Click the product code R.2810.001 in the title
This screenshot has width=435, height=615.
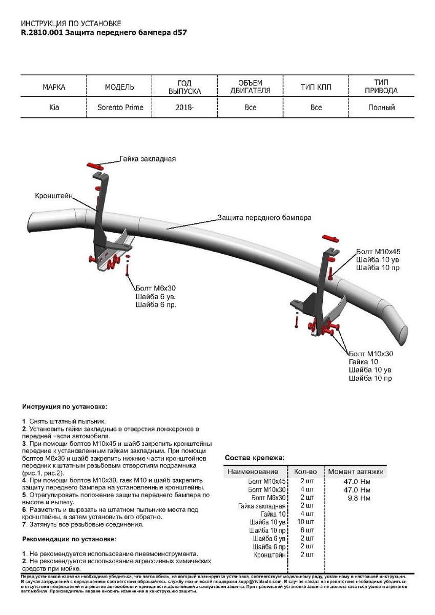click(x=43, y=32)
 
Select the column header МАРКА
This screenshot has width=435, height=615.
click(x=54, y=87)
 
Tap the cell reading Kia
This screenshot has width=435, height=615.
click(x=54, y=108)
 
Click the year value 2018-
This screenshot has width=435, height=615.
click(x=185, y=108)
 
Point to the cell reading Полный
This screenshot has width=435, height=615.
click(x=382, y=108)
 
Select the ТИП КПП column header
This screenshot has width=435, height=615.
click(x=316, y=87)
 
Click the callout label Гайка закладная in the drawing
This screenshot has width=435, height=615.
click(x=148, y=159)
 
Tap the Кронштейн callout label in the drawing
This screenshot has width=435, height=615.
click(x=54, y=196)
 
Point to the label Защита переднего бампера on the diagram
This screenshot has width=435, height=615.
click(x=264, y=217)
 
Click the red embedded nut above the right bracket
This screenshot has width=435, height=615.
click(x=330, y=239)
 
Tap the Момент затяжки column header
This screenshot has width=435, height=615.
click(x=356, y=471)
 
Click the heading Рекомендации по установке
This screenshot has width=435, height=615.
click(x=69, y=540)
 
